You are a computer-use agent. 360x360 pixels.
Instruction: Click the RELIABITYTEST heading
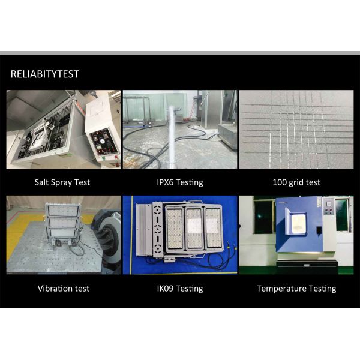click(45, 74)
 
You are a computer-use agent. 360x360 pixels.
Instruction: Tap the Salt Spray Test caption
click(62, 182)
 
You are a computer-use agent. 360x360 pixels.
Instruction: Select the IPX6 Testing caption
click(180, 182)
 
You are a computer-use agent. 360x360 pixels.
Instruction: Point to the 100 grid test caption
click(296, 182)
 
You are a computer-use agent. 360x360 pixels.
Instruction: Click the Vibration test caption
click(64, 289)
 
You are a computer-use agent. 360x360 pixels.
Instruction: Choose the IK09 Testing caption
click(180, 289)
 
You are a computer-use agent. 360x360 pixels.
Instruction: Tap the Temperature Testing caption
click(296, 289)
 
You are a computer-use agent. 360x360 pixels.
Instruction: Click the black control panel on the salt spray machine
click(104, 142)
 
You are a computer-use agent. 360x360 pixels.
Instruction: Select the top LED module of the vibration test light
click(63, 210)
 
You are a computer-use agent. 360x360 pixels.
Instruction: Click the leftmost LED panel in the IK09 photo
click(174, 229)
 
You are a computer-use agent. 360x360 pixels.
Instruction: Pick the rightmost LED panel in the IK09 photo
click(213, 228)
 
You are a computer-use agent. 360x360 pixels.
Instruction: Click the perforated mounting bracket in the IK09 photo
click(157, 229)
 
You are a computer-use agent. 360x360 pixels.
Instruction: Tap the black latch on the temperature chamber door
click(319, 230)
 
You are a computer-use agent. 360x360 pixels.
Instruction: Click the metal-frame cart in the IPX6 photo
click(137, 110)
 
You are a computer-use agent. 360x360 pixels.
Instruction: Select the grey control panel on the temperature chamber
click(328, 206)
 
